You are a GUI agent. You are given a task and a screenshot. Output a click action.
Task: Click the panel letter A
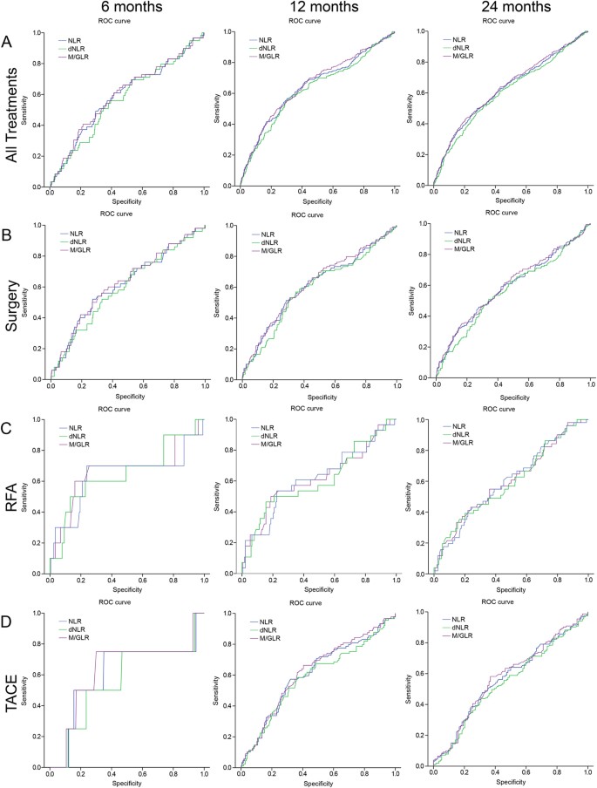pos(7,43)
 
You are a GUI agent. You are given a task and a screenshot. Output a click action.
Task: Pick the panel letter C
pos(7,428)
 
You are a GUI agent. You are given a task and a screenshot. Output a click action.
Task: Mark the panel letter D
pos(7,622)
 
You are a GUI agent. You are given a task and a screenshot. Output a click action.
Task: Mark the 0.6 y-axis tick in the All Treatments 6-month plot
pos(38,94)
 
